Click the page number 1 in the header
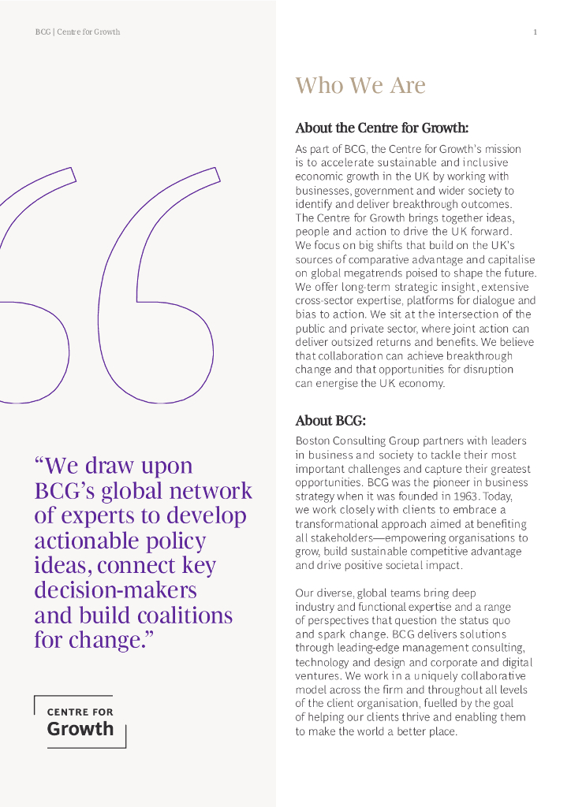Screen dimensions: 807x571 point(536,32)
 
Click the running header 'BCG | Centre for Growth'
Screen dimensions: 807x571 point(77,32)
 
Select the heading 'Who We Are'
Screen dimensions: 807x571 point(360,85)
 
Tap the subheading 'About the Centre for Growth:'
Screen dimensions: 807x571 point(382,128)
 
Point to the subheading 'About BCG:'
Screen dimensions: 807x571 point(330,421)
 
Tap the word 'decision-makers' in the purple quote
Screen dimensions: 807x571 point(115,590)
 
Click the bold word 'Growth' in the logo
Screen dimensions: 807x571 point(80,728)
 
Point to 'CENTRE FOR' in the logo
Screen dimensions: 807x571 point(80,712)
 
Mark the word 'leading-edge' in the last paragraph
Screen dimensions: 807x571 point(348,649)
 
